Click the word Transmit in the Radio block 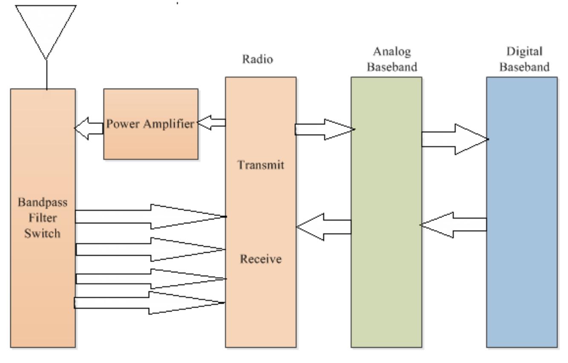pyautogui.click(x=260, y=166)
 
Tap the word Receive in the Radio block pyautogui.click(x=260, y=259)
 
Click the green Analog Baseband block pyautogui.click(x=386, y=256)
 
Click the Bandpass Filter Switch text pyautogui.click(x=43, y=222)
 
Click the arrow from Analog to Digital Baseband pyautogui.click(x=454, y=139)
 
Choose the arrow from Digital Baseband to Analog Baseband pyautogui.click(x=453, y=225)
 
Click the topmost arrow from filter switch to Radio pyautogui.click(x=149, y=216)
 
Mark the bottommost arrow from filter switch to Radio pyautogui.click(x=149, y=302)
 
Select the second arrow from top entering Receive pyautogui.click(x=149, y=249)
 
